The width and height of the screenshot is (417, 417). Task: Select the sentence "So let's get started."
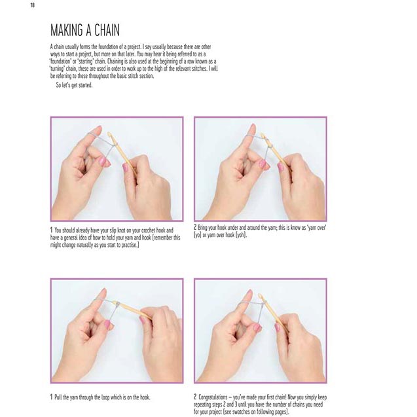(x=74, y=85)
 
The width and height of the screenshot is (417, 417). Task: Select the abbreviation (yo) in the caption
(x=200, y=235)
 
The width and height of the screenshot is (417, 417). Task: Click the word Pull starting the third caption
(x=60, y=397)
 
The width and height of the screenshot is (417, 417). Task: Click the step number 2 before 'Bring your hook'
(x=195, y=227)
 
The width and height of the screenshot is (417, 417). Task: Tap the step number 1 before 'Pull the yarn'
(x=52, y=397)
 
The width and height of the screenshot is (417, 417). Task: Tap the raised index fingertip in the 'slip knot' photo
(x=98, y=129)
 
